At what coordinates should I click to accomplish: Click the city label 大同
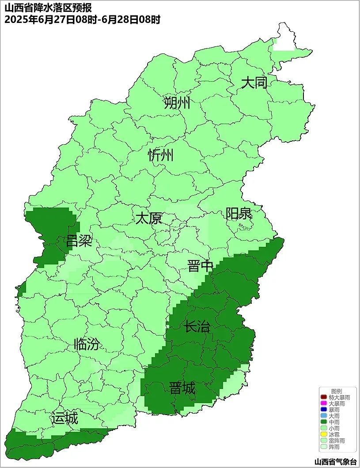[254, 83]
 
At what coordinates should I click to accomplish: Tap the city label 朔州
[177, 103]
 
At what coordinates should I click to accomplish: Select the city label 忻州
[161, 155]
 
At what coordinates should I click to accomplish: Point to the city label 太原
[148, 219]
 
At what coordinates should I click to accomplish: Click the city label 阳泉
[239, 214]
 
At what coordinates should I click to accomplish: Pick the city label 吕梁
[79, 241]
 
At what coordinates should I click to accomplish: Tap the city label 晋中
[200, 266]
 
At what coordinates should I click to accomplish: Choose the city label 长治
[197, 327]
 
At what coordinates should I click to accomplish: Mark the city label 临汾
[87, 344]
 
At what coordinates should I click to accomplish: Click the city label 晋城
[182, 389]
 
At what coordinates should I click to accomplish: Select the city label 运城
[64, 418]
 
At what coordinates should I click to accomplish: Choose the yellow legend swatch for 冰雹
[323, 435]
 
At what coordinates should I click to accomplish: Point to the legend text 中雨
[334, 423]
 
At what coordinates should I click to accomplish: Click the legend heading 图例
[336, 392]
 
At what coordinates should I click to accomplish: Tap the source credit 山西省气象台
[335, 462]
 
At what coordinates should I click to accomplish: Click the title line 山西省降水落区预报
[48, 8]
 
